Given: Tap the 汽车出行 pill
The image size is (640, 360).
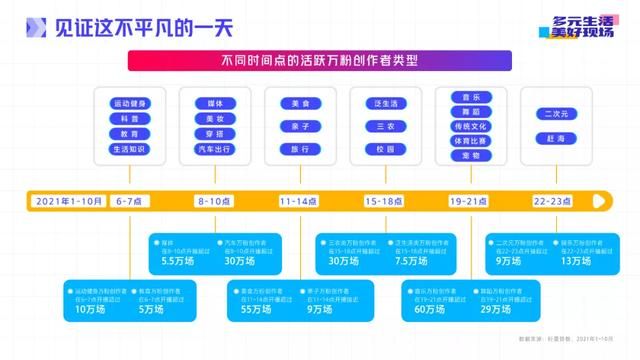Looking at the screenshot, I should click(215, 149).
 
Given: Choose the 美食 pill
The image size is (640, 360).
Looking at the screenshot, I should click(300, 103).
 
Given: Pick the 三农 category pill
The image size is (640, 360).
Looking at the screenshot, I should click(385, 126).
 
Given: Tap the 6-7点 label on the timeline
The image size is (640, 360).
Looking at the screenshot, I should click(129, 201).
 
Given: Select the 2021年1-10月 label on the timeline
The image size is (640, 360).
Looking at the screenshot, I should click(68, 201).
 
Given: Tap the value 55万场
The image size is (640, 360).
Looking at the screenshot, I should click(256, 310).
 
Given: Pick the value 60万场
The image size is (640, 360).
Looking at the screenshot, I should click(428, 310).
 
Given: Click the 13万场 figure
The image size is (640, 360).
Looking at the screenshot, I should click(575, 261).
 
